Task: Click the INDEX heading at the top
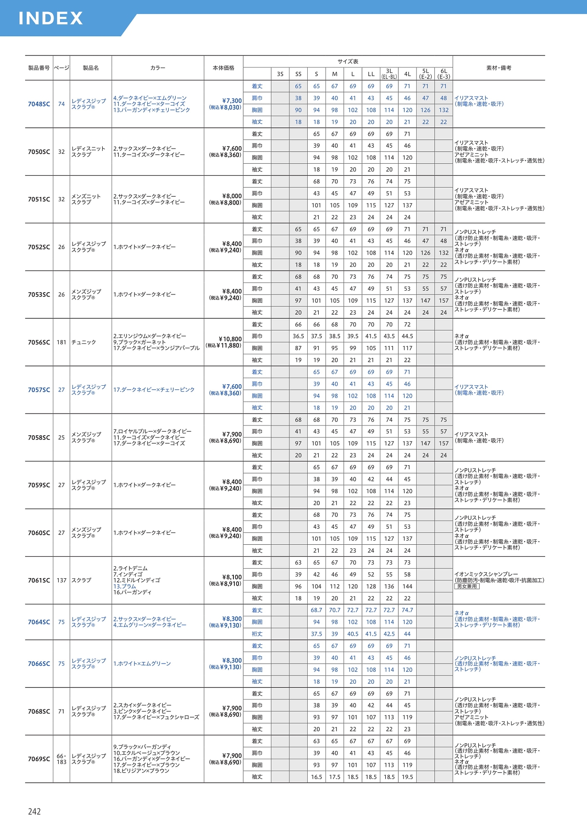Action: pos(50,18)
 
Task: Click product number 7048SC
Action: pos(39,104)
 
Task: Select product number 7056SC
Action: pos(39,343)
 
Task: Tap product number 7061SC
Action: pos(39,581)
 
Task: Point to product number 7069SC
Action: pos(39,759)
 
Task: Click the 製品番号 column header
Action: pos(39,68)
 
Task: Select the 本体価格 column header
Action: pos(223,68)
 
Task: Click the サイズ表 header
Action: pos(348,61)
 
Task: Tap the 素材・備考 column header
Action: pos(498,68)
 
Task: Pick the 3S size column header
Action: pos(280,74)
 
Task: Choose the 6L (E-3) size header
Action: pos(443,74)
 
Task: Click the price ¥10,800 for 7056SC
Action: pos(230,339)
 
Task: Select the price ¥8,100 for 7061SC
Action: pos(232,577)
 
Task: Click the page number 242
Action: pos(34,812)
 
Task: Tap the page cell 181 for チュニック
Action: pos(61,343)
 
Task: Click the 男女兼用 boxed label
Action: pos(467,587)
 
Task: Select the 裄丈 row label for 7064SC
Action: pos(257,634)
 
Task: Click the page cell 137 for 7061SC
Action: pos(61,581)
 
